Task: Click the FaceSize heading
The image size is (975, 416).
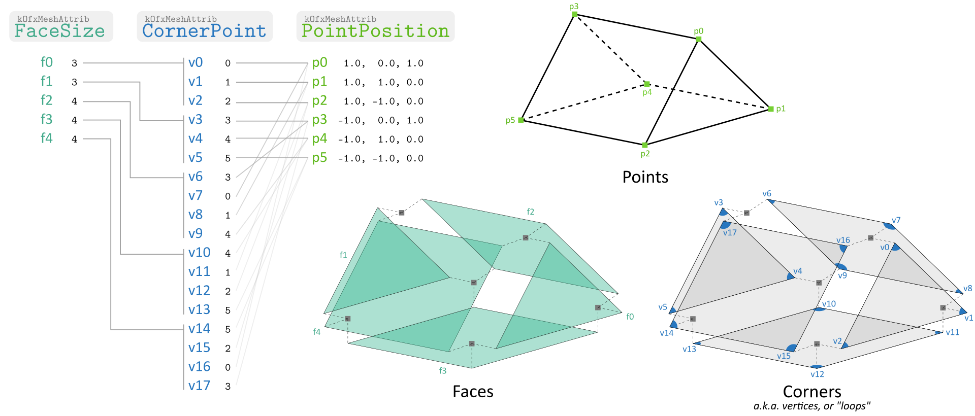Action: (60, 30)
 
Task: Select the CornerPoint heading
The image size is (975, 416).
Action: (204, 30)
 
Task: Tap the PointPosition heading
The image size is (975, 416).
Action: (375, 30)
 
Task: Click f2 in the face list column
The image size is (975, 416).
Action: (47, 100)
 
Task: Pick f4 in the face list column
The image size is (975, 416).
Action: (47, 138)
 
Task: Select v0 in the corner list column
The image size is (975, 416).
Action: (196, 62)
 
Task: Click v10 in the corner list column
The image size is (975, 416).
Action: (199, 253)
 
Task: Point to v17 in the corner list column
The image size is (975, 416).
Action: (199, 386)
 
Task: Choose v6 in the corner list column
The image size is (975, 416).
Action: (196, 177)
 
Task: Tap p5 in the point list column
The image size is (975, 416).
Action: (319, 158)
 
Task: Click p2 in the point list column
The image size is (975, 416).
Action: (319, 100)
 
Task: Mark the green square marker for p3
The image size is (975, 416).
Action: (575, 14)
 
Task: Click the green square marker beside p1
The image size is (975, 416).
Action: (771, 109)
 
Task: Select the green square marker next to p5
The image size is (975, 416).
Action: (521, 120)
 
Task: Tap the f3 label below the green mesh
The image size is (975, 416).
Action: (443, 371)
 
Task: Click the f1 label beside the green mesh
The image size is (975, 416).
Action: (343, 255)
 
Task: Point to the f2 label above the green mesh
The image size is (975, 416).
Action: (530, 212)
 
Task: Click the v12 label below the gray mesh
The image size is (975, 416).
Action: (817, 374)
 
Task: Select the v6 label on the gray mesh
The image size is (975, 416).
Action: (767, 194)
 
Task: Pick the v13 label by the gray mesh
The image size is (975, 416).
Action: (689, 349)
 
